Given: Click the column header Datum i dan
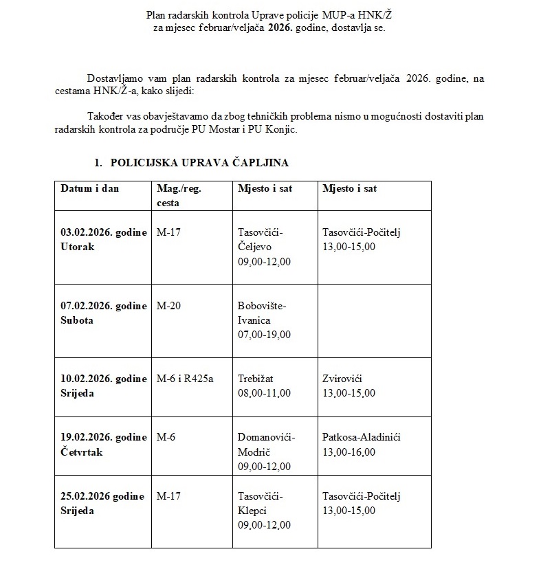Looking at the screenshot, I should [89, 188].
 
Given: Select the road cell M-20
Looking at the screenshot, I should [169, 306].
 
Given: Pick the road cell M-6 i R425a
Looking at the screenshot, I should [185, 379].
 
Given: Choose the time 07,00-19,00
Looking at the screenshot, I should [264, 335].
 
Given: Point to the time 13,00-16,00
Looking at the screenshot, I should [349, 452].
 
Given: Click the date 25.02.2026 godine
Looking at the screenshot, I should [102, 496].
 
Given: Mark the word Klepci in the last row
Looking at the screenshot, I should [252, 511].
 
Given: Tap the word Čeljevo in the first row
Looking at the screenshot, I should [255, 247].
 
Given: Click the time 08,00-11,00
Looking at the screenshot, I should [264, 393].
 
